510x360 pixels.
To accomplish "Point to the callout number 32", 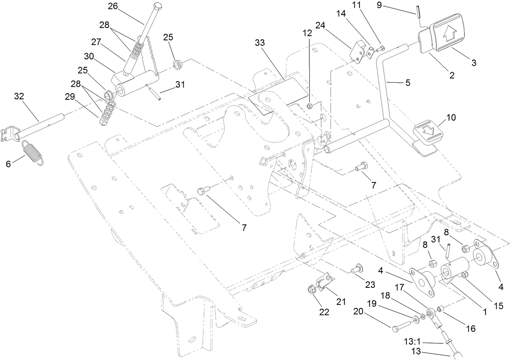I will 19,96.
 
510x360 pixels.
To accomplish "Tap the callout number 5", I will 407,83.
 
